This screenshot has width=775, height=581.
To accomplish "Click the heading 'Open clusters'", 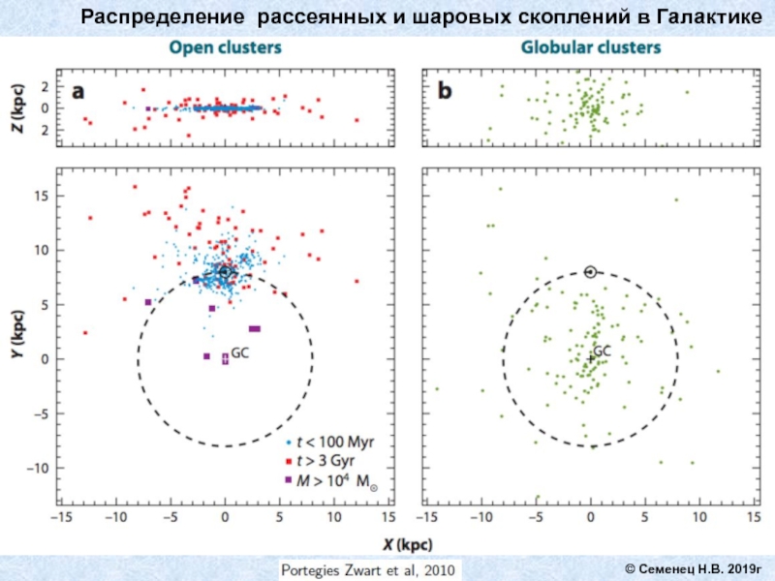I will point(226,46).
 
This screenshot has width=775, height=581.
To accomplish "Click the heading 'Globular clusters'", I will point(592,46).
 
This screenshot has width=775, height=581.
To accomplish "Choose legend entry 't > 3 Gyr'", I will point(330,461).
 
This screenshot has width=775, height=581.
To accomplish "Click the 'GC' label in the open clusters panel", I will point(240,353).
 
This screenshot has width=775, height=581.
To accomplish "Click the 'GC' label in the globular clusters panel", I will point(603,350).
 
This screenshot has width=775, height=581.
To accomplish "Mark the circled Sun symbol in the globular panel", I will point(591,272).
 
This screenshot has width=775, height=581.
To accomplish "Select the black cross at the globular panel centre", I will point(591,358).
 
